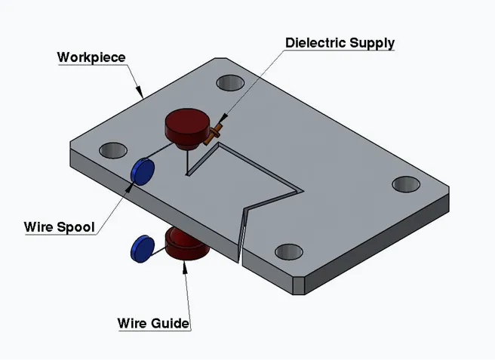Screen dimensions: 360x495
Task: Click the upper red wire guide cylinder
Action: (x=186, y=126)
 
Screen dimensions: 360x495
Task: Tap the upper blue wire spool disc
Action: (x=142, y=171)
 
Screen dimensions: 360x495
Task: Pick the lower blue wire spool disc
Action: (x=142, y=248)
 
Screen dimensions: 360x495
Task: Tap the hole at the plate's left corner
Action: (x=112, y=149)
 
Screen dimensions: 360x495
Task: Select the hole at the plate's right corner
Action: (x=406, y=183)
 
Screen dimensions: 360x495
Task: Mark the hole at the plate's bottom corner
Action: (x=289, y=251)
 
